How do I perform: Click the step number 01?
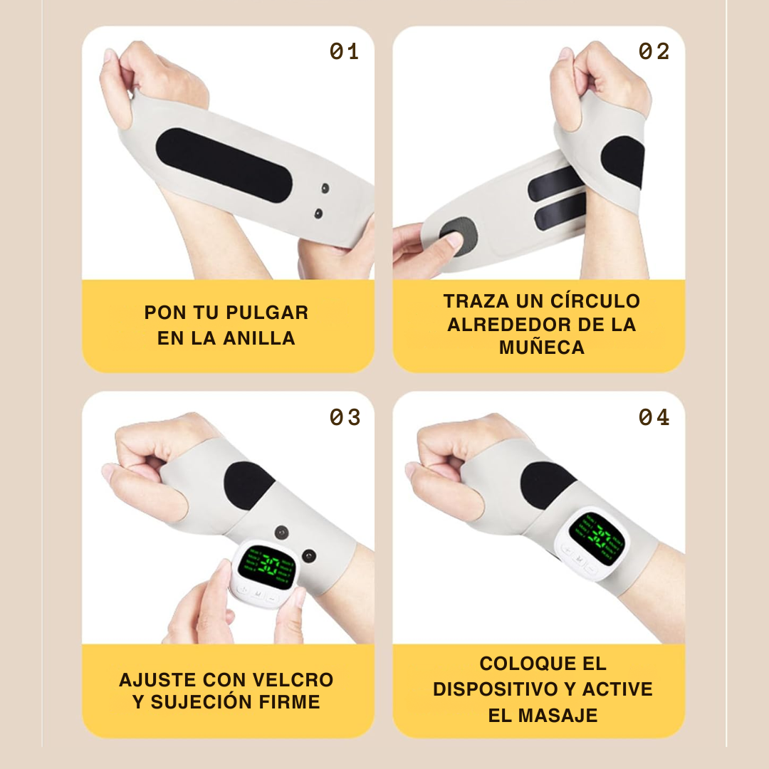[344, 51]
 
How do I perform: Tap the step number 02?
[654, 51]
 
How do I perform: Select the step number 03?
[345, 417]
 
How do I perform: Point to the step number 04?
[654, 417]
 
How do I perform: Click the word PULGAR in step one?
[267, 313]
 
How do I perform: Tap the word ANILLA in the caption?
[259, 338]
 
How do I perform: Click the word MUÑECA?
[542, 347]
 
